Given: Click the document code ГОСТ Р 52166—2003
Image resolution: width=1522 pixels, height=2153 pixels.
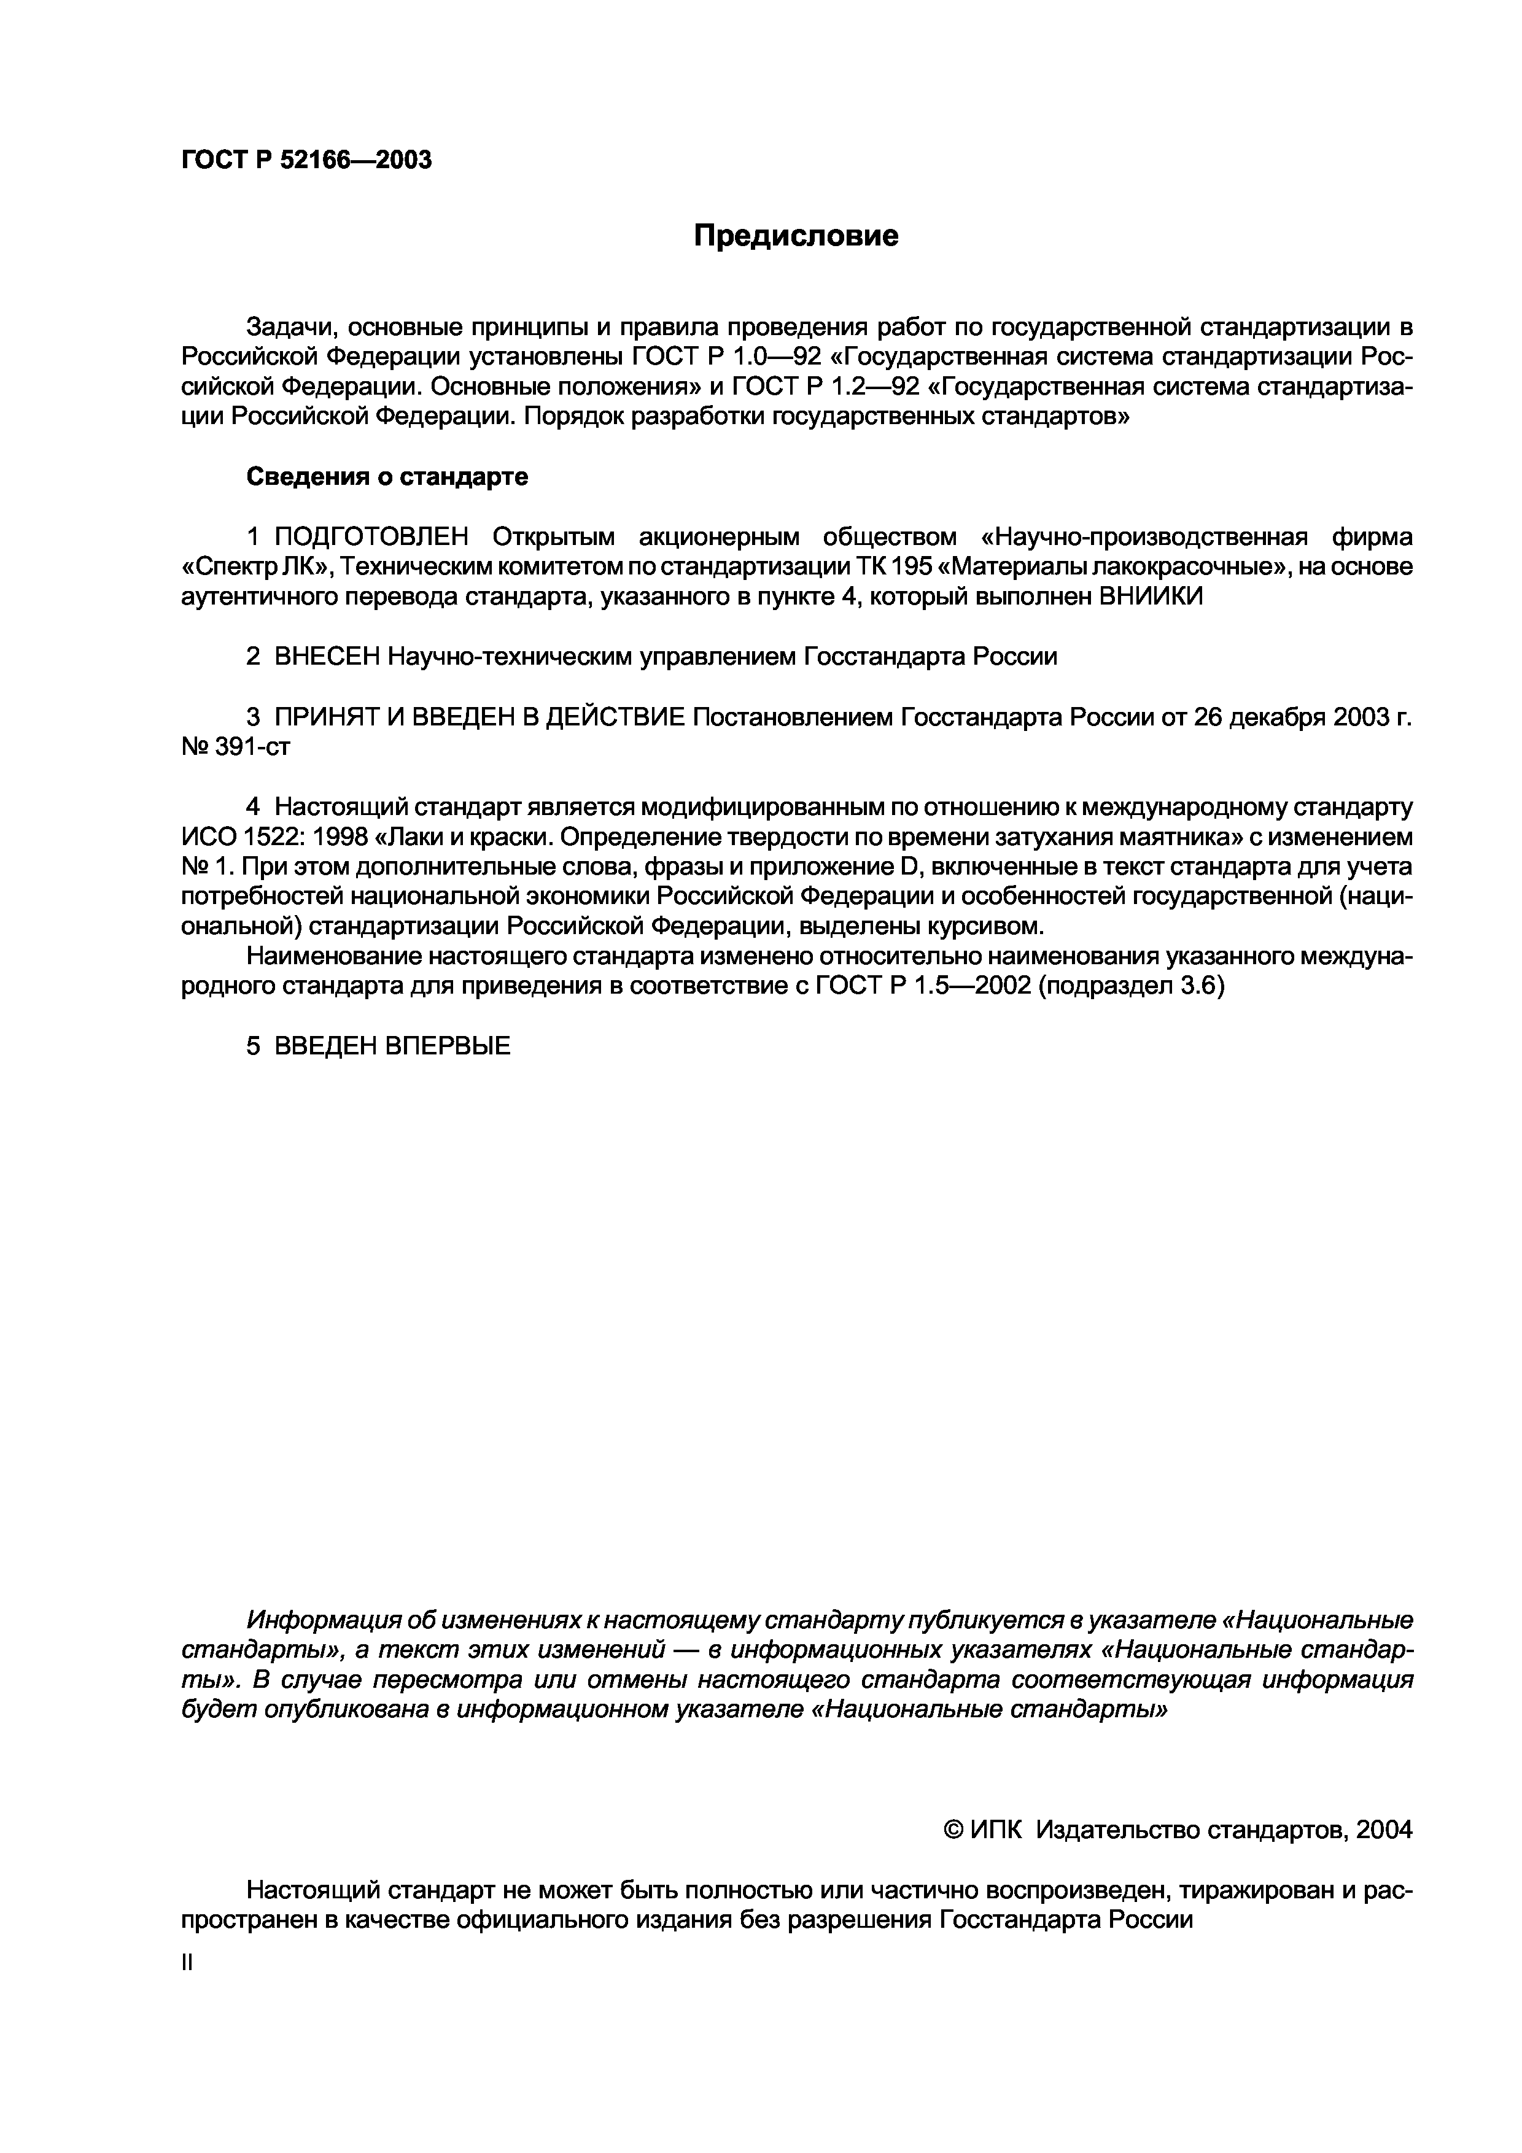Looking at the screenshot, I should click(x=306, y=160).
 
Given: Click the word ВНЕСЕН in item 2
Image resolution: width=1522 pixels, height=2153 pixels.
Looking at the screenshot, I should click(x=327, y=657).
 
